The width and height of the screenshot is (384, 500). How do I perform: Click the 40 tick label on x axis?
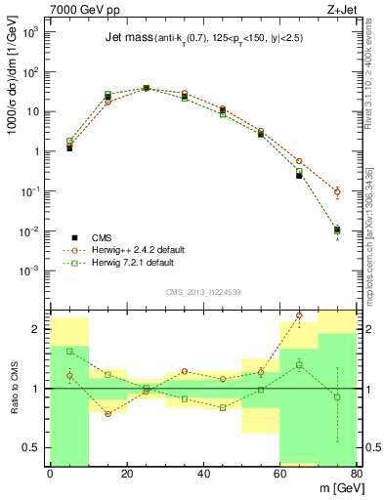click(203, 474)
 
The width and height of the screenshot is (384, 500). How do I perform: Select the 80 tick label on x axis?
click(356, 474)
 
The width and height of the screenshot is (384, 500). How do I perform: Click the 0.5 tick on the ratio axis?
click(35, 447)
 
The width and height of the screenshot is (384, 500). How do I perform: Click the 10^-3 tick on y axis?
click(33, 271)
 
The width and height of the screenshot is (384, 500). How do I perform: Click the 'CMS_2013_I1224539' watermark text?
click(203, 291)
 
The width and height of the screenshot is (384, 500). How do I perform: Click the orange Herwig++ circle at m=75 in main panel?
click(337, 191)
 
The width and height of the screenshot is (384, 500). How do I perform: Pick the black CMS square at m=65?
click(299, 176)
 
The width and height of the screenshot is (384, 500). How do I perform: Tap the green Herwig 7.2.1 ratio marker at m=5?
click(69, 351)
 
